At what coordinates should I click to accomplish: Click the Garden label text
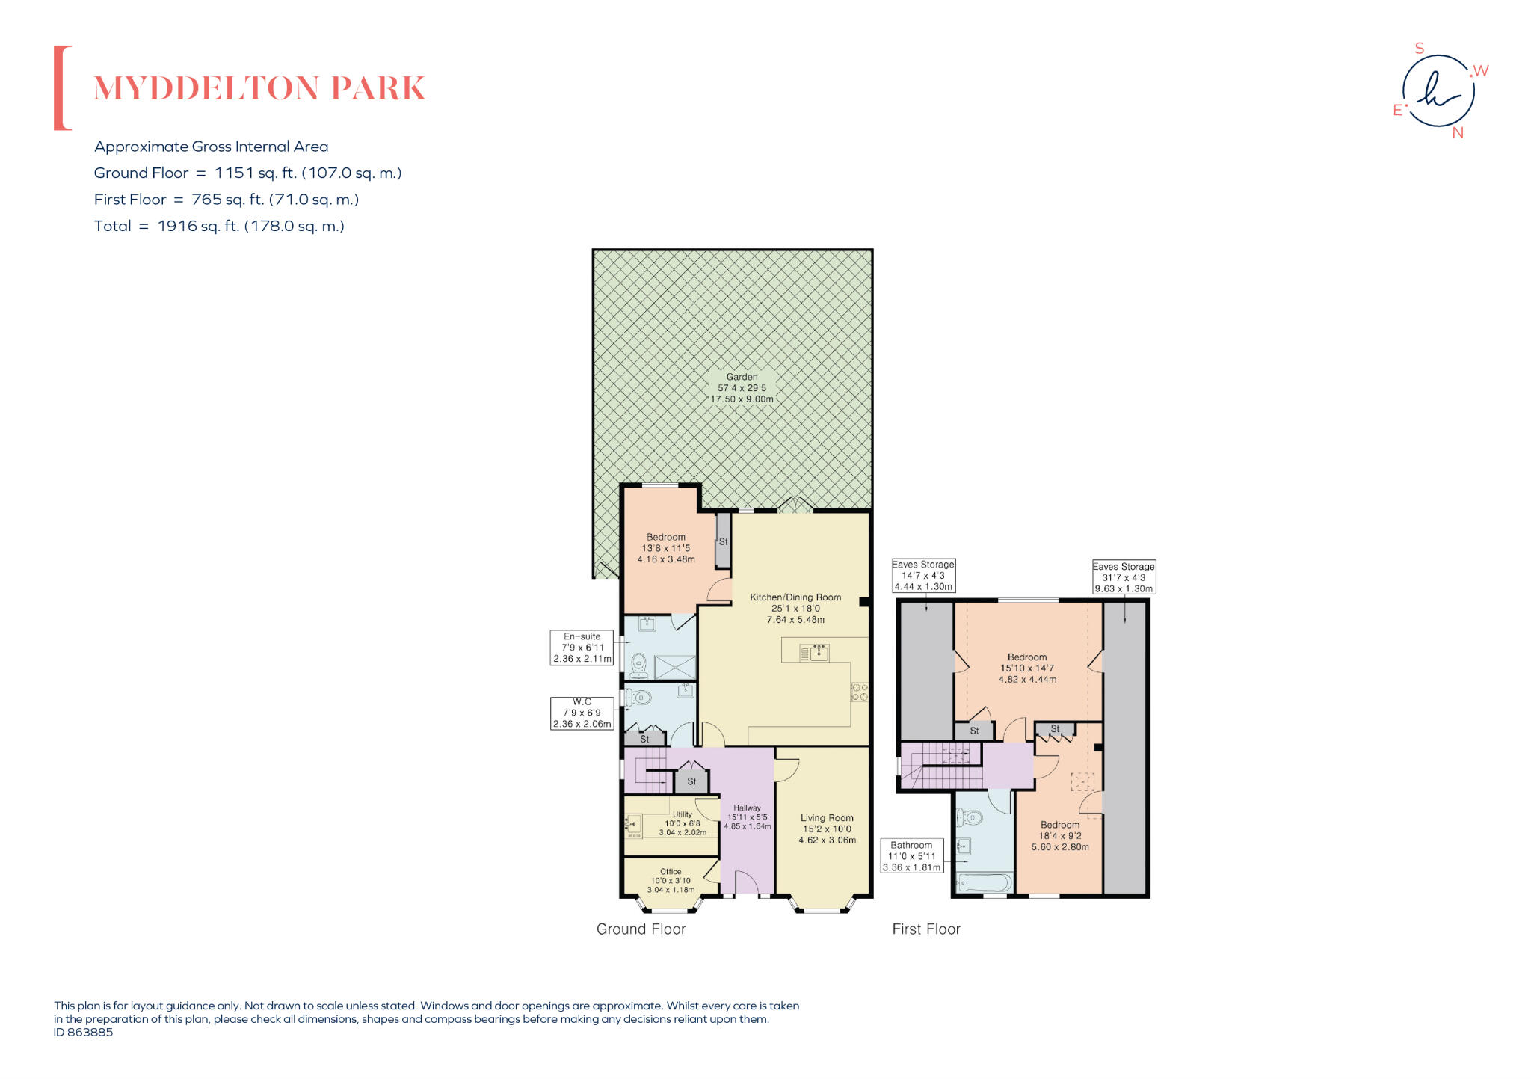742,388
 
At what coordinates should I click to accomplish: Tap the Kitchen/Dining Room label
795,608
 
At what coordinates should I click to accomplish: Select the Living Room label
827,829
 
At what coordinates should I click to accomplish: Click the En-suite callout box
582,648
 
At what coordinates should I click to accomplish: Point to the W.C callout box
582,713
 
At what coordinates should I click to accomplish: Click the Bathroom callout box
911,856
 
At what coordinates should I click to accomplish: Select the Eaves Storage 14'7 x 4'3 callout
923,576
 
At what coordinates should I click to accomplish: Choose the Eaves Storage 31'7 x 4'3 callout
1124,577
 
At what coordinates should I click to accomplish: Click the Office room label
671,881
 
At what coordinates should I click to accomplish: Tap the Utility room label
682,823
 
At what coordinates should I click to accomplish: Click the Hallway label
747,817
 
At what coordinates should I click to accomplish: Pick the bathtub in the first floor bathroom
984,884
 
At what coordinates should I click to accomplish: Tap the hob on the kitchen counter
860,692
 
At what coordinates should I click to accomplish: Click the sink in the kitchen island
819,653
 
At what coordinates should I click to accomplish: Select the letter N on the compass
1457,133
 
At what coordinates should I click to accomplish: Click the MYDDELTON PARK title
259,88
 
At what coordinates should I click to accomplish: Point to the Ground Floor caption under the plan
641,929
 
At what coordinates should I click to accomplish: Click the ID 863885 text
83,1032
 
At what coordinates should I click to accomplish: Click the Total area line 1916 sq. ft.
219,226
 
